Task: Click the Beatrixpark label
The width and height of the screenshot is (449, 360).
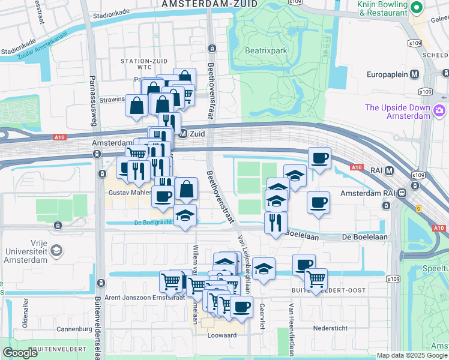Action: tap(266, 51)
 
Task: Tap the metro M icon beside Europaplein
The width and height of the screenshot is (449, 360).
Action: tap(414, 74)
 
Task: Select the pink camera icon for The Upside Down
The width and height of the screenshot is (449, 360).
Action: tap(439, 110)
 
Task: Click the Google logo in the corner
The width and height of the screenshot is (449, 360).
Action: tap(20, 353)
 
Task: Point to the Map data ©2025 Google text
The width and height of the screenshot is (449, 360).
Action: tap(412, 355)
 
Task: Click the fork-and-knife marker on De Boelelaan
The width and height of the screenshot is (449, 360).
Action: tap(276, 223)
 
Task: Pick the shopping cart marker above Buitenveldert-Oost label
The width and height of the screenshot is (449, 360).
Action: tap(316, 278)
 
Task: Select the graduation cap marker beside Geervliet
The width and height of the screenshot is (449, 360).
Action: tap(263, 268)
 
